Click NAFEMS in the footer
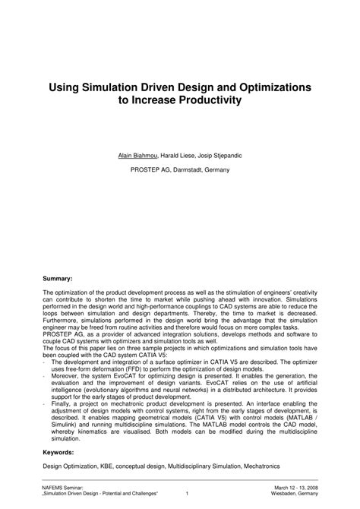click(x=54, y=487)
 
